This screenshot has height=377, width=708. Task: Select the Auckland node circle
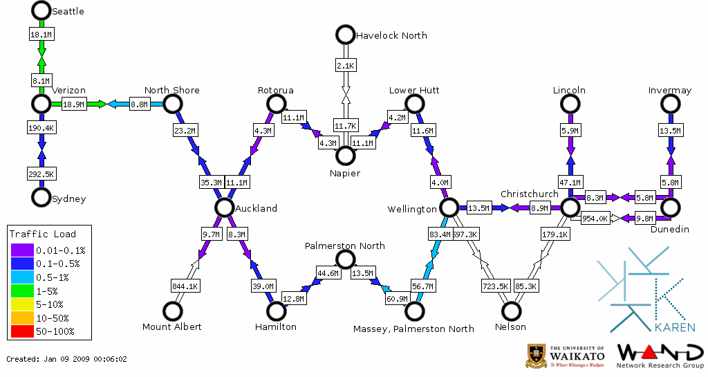tap(223, 207)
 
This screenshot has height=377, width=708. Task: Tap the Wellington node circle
tap(449, 207)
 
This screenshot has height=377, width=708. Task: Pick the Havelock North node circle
tap(344, 34)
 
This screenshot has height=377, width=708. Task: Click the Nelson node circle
tap(511, 311)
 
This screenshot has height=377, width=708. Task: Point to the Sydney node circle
tap(41, 197)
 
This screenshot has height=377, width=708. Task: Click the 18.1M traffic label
tap(40, 33)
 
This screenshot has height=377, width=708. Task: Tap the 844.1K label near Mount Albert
tap(185, 286)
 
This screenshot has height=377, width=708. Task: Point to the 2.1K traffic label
tap(345, 66)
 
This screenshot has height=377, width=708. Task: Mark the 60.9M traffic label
tap(397, 299)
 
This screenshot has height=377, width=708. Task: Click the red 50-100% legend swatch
tap(21, 331)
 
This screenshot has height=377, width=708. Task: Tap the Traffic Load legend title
tap(43, 234)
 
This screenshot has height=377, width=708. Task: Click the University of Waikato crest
tap(537, 356)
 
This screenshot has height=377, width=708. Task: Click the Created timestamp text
tap(66, 359)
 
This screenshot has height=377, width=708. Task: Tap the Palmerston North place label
tap(345, 246)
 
